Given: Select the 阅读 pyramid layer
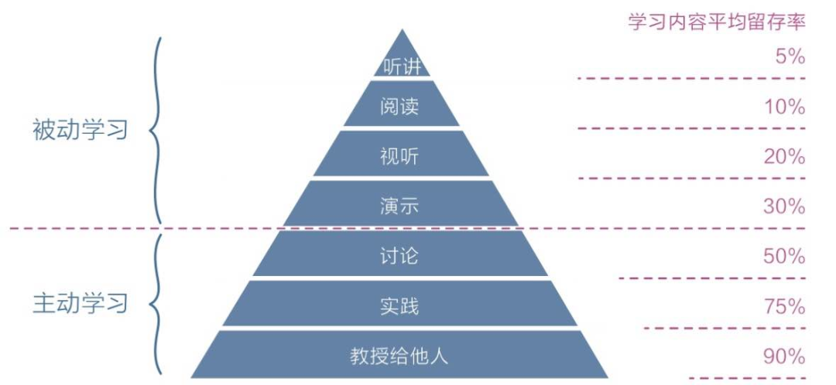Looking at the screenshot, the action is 401,104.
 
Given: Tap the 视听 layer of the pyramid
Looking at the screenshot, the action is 401,153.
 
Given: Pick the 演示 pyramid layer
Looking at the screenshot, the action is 401,203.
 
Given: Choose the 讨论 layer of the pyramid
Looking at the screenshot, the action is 401,254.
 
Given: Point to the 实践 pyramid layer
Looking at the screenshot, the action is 401,304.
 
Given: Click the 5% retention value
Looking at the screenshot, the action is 790,57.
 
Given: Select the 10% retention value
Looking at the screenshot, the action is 785,107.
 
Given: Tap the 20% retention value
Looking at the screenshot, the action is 784,157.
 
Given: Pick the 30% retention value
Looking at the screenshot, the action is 784,206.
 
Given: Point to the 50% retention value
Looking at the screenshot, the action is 784,257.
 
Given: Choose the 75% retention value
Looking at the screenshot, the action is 784,307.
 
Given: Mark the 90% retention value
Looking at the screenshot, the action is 784,356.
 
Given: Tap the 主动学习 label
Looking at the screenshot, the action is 81,304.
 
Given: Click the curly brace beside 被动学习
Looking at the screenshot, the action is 155,131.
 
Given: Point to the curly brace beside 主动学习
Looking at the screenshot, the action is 155,305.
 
